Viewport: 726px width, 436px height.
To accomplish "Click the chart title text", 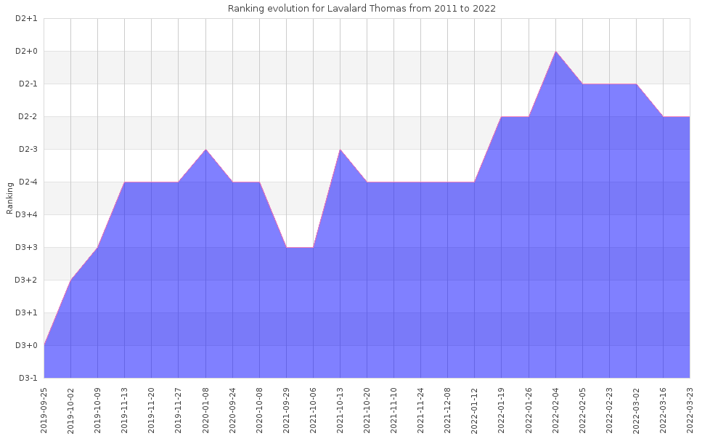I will pos(362,8).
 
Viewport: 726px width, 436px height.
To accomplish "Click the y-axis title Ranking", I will pos(10,198).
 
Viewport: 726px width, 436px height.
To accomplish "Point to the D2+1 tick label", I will pos(26,19).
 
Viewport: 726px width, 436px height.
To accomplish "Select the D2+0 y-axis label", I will pos(26,52).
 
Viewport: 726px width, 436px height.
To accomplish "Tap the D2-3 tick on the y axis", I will pos(27,150).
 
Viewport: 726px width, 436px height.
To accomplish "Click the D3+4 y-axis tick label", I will pos(26,215).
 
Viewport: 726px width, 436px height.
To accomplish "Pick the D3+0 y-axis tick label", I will pos(26,346).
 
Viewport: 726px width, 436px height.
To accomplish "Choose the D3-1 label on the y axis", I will pos(27,379).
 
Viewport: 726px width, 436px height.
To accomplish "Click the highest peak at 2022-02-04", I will pos(555,52).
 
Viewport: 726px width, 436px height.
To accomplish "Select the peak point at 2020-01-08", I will pos(205,150).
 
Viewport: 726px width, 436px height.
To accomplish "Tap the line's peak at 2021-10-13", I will pos(340,150).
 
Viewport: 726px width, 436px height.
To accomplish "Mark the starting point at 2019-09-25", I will pos(44,345).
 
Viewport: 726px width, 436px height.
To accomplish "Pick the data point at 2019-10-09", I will pos(98,248).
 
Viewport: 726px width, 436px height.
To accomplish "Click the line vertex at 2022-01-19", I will pos(502,117).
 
